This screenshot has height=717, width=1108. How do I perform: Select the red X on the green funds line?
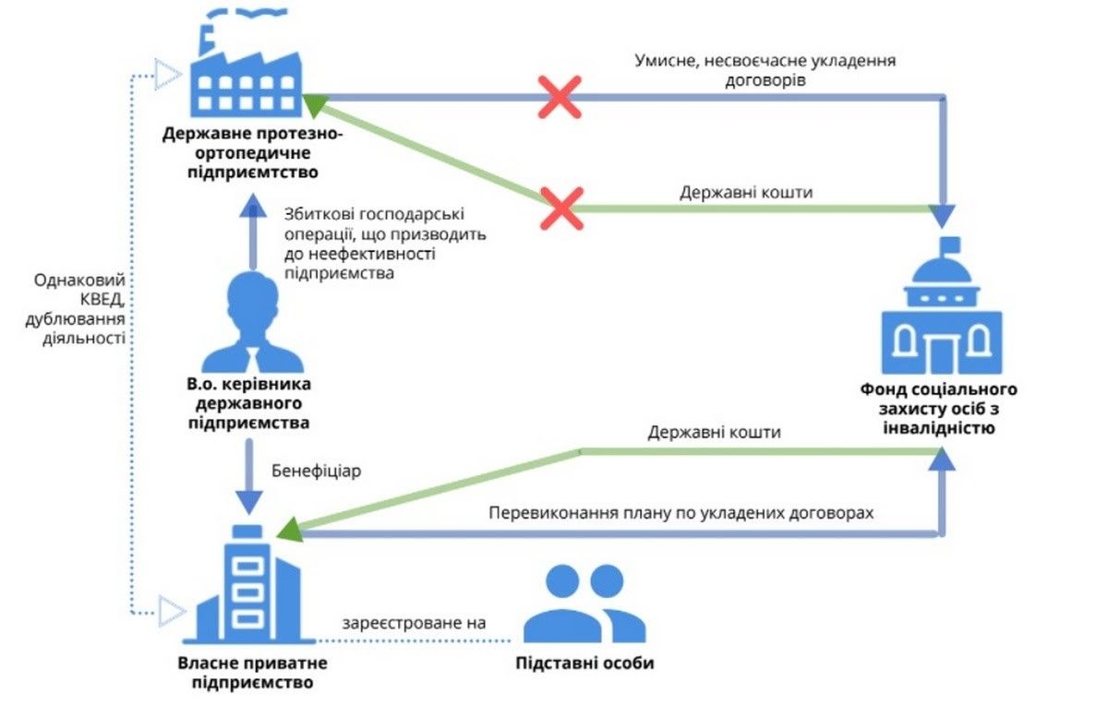(x=560, y=209)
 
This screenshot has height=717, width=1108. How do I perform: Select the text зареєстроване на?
(x=414, y=624)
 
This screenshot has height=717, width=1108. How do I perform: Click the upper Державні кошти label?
(x=746, y=194)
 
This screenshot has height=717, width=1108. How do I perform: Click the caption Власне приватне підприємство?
(x=252, y=673)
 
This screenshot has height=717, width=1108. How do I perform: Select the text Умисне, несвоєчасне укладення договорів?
(x=765, y=70)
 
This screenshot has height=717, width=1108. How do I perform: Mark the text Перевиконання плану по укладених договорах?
(x=680, y=511)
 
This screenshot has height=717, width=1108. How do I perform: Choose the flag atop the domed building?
(x=948, y=245)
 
